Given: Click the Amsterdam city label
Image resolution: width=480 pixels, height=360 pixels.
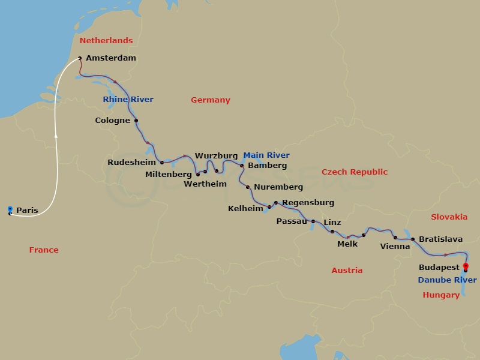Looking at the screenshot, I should coord(111,58).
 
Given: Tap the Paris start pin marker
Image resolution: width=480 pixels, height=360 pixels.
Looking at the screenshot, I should coord(10,209).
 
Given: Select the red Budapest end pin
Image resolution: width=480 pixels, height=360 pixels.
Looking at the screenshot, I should coord(465,267).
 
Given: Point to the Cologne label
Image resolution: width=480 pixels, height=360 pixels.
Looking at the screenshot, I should coord(113,121).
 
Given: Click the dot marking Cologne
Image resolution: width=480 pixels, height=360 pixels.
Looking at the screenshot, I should coord(136,121).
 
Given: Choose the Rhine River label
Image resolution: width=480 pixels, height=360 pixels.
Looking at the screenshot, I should coord(128,100).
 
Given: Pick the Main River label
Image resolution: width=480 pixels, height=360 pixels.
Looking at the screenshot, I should coord(266,155).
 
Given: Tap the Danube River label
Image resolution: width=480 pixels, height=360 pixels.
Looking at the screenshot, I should coord(448,280).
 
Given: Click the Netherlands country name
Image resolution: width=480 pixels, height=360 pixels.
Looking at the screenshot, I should coord(106,41).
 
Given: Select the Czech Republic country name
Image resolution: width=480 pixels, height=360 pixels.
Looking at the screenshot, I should coord(355,172).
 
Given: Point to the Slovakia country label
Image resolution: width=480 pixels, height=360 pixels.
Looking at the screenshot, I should coord(449,217).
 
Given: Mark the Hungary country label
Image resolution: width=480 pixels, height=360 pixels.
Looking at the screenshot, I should coord(441,295).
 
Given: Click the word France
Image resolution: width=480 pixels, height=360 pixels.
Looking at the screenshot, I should coord(44,250).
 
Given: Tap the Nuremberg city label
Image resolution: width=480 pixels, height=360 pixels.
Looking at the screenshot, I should coord(278,187).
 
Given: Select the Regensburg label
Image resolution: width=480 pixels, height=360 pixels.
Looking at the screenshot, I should coord(308,203).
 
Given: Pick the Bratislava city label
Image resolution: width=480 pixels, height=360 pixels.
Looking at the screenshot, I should coord(440,239).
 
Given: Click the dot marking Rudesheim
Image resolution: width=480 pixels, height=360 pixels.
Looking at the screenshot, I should coord(162,162).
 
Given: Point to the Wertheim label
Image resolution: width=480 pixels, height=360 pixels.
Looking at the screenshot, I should coord(205,184).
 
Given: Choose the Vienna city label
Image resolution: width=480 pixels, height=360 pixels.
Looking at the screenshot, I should coord(395,246).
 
